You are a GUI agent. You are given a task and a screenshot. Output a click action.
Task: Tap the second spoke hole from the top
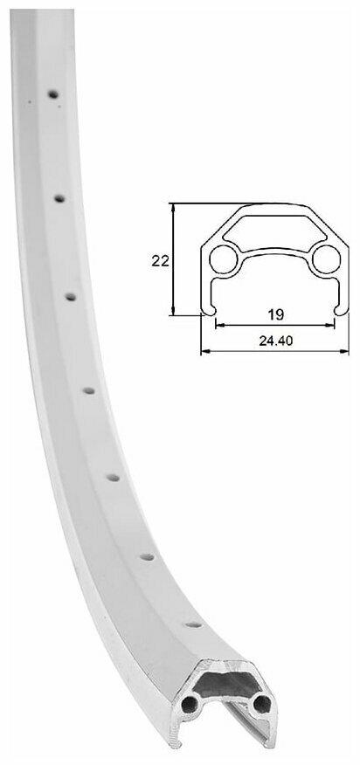pyautogui.click(x=59, y=198)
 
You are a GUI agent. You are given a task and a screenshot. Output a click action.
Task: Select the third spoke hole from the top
pyautogui.click(x=71, y=297)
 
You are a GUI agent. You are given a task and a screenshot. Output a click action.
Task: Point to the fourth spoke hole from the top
pyautogui.click(x=88, y=390)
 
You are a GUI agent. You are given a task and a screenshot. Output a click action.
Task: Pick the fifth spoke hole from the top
pyautogui.click(x=113, y=478)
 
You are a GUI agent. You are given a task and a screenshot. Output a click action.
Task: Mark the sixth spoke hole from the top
pyautogui.click(x=147, y=556)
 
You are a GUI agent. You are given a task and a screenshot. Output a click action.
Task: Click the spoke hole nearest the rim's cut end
pyautogui.click(x=193, y=624)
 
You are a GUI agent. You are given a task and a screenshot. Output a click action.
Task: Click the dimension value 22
pyautogui.click(x=160, y=261)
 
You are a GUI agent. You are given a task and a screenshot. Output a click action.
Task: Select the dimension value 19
pyautogui.click(x=276, y=314)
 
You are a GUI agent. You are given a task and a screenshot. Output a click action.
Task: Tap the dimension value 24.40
pyautogui.click(x=276, y=341)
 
